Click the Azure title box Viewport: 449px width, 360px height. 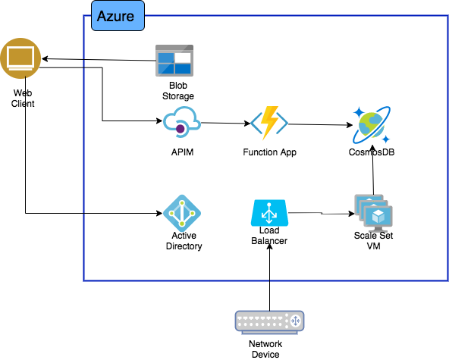tap(118, 16)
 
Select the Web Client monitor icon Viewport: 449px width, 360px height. tap(20, 58)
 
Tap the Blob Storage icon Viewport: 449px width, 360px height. tap(174, 61)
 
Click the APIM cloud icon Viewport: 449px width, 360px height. tap(182, 122)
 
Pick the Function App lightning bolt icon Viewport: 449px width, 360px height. tap(269, 123)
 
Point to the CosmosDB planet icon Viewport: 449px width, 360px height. tap(372, 125)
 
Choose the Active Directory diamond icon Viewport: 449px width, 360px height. tap(182, 213)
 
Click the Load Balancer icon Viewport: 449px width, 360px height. tap(269, 213)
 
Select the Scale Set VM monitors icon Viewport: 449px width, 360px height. tap(373, 213)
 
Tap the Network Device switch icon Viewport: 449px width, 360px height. tap(269, 323)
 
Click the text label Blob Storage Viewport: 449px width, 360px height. tap(178, 91)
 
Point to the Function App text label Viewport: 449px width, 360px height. tap(269, 152)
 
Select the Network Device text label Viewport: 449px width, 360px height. tap(265, 349)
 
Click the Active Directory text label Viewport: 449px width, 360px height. tap(184, 241)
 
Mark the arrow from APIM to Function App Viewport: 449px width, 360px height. tap(226, 123)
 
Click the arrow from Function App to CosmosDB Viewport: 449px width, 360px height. tap(320, 124)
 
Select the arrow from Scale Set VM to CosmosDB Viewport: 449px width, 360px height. tap(373, 170)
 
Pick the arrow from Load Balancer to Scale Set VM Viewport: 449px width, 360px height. tap(322, 213)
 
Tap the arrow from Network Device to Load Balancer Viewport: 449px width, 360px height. tap(269, 277)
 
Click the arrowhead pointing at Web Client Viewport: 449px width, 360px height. tap(45, 59)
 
